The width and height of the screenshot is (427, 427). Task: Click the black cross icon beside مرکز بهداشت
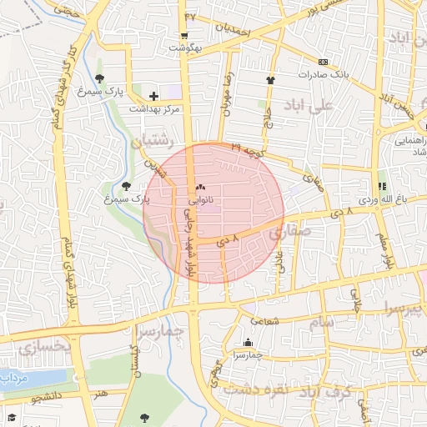pyautogui.click(x=154, y=96)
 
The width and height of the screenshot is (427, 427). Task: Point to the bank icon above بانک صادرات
pyautogui.click(x=323, y=61)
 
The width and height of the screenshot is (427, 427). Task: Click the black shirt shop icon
pyautogui.click(x=270, y=80)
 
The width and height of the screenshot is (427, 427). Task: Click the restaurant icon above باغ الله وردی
pyautogui.click(x=383, y=187)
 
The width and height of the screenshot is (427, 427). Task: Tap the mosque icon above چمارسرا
pyautogui.click(x=247, y=343)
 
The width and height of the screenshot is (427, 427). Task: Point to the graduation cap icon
pyautogui.click(x=12, y=416)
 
